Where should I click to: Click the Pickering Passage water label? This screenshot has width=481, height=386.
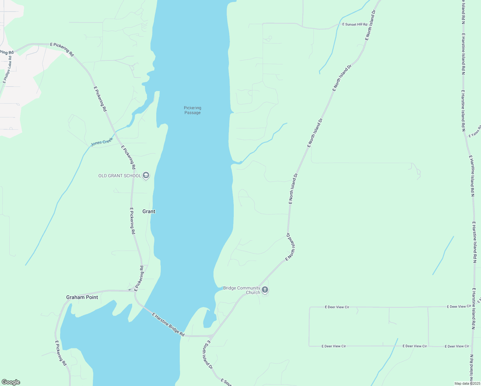193,110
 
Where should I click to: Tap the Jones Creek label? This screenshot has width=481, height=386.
102,142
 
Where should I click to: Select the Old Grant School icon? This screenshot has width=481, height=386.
146,175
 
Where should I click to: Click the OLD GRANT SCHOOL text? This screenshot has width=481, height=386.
120,176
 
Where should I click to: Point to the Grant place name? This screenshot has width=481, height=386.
149,211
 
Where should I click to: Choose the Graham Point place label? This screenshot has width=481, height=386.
82,297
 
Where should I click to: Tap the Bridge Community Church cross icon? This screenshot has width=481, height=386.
265,290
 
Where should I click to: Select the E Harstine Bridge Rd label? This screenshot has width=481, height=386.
168,325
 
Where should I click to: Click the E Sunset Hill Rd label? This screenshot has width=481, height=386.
355,24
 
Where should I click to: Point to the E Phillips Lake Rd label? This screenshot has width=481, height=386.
7,69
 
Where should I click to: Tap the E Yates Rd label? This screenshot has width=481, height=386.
475,132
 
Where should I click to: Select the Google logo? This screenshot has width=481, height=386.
11,382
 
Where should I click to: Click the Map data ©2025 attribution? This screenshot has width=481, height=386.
467,383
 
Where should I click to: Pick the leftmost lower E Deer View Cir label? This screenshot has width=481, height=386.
334,346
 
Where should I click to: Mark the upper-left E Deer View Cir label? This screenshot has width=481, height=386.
337,307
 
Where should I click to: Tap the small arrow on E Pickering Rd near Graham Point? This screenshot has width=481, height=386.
130,289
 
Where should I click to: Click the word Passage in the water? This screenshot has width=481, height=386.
193,113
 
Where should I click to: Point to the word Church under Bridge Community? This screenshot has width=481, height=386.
253,293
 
